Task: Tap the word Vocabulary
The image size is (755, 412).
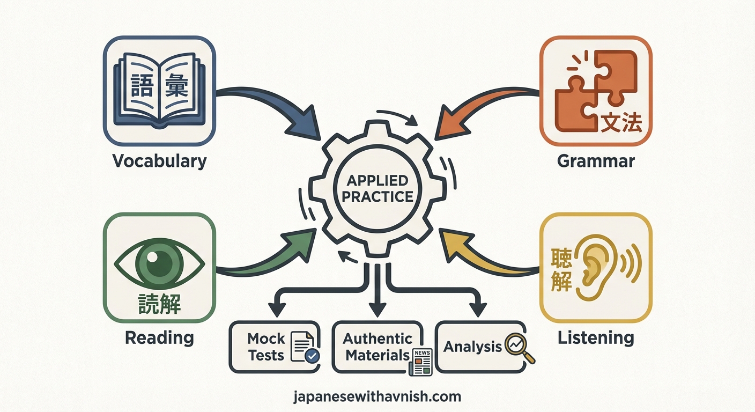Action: click(159, 161)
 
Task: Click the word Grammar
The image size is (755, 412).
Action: click(596, 161)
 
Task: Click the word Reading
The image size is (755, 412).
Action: click(159, 338)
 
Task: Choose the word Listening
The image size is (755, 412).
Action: click(596, 338)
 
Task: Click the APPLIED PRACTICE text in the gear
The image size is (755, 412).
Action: click(377, 188)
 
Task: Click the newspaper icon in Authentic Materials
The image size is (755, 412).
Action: click(420, 362)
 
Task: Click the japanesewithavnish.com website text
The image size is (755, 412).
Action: click(377, 397)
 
